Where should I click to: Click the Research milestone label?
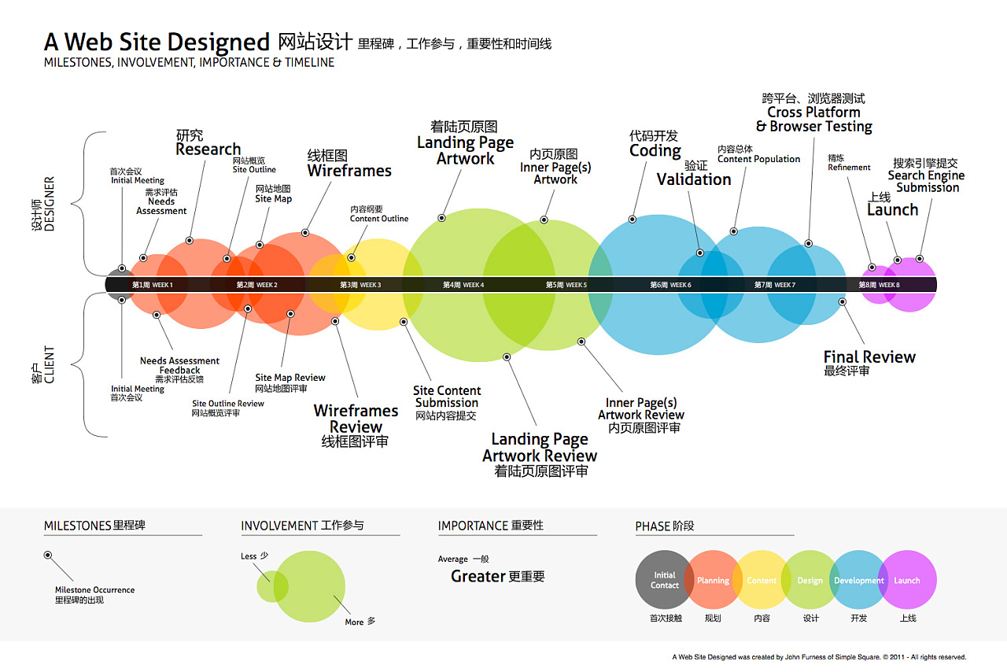click(x=208, y=149)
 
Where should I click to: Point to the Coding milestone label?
click(x=655, y=150)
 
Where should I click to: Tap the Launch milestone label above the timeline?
click(x=892, y=209)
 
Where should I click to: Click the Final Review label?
click(x=869, y=357)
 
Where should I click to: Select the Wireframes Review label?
click(x=356, y=419)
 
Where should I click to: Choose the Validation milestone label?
click(x=694, y=179)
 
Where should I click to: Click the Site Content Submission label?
click(x=447, y=397)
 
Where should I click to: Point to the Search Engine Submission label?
click(x=926, y=182)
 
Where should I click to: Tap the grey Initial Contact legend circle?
click(x=665, y=580)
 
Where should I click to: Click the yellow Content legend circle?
click(x=762, y=580)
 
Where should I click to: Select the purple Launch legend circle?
click(x=907, y=580)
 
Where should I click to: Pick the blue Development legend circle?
click(x=859, y=580)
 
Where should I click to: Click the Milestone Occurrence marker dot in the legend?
click(x=48, y=555)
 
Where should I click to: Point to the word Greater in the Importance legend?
click(x=478, y=576)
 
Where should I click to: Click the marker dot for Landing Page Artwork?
click(x=442, y=218)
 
